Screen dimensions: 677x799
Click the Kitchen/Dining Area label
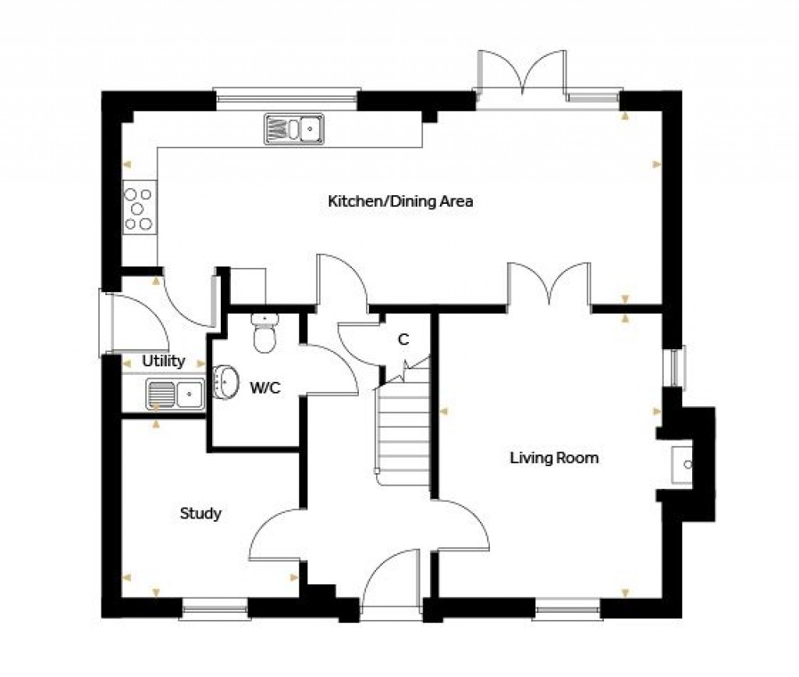(400, 201)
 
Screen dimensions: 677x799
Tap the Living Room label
(554, 458)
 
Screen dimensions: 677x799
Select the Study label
(201, 514)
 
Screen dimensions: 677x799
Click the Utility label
(163, 361)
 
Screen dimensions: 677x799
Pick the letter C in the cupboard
(403, 340)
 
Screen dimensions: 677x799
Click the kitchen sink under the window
(294, 128)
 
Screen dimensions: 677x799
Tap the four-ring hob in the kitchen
(138, 208)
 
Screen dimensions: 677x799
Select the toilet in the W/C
(265, 333)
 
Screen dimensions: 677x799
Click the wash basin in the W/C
(225, 382)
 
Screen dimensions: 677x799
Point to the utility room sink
(176, 394)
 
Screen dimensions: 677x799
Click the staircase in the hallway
(403, 429)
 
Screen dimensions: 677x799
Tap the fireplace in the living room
(684, 463)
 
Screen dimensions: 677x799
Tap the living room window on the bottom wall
(567, 604)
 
